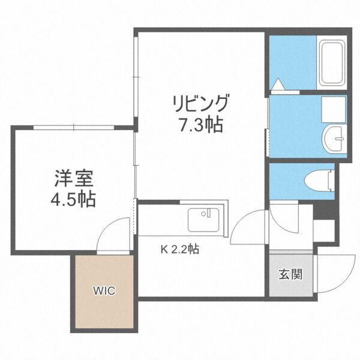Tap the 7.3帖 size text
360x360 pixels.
(201, 125)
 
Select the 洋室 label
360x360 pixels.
(74, 178)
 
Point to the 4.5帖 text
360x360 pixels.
(73, 199)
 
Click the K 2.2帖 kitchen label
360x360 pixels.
(179, 249)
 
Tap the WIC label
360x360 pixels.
(104, 291)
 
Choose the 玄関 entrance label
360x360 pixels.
(290, 274)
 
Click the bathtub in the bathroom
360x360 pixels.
(332, 62)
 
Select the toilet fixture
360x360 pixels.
(319, 180)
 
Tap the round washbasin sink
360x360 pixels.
(334, 139)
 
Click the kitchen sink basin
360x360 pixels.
(203, 220)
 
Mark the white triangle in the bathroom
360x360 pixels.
(278, 84)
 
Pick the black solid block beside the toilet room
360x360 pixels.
(324, 210)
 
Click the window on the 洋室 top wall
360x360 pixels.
(74, 127)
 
